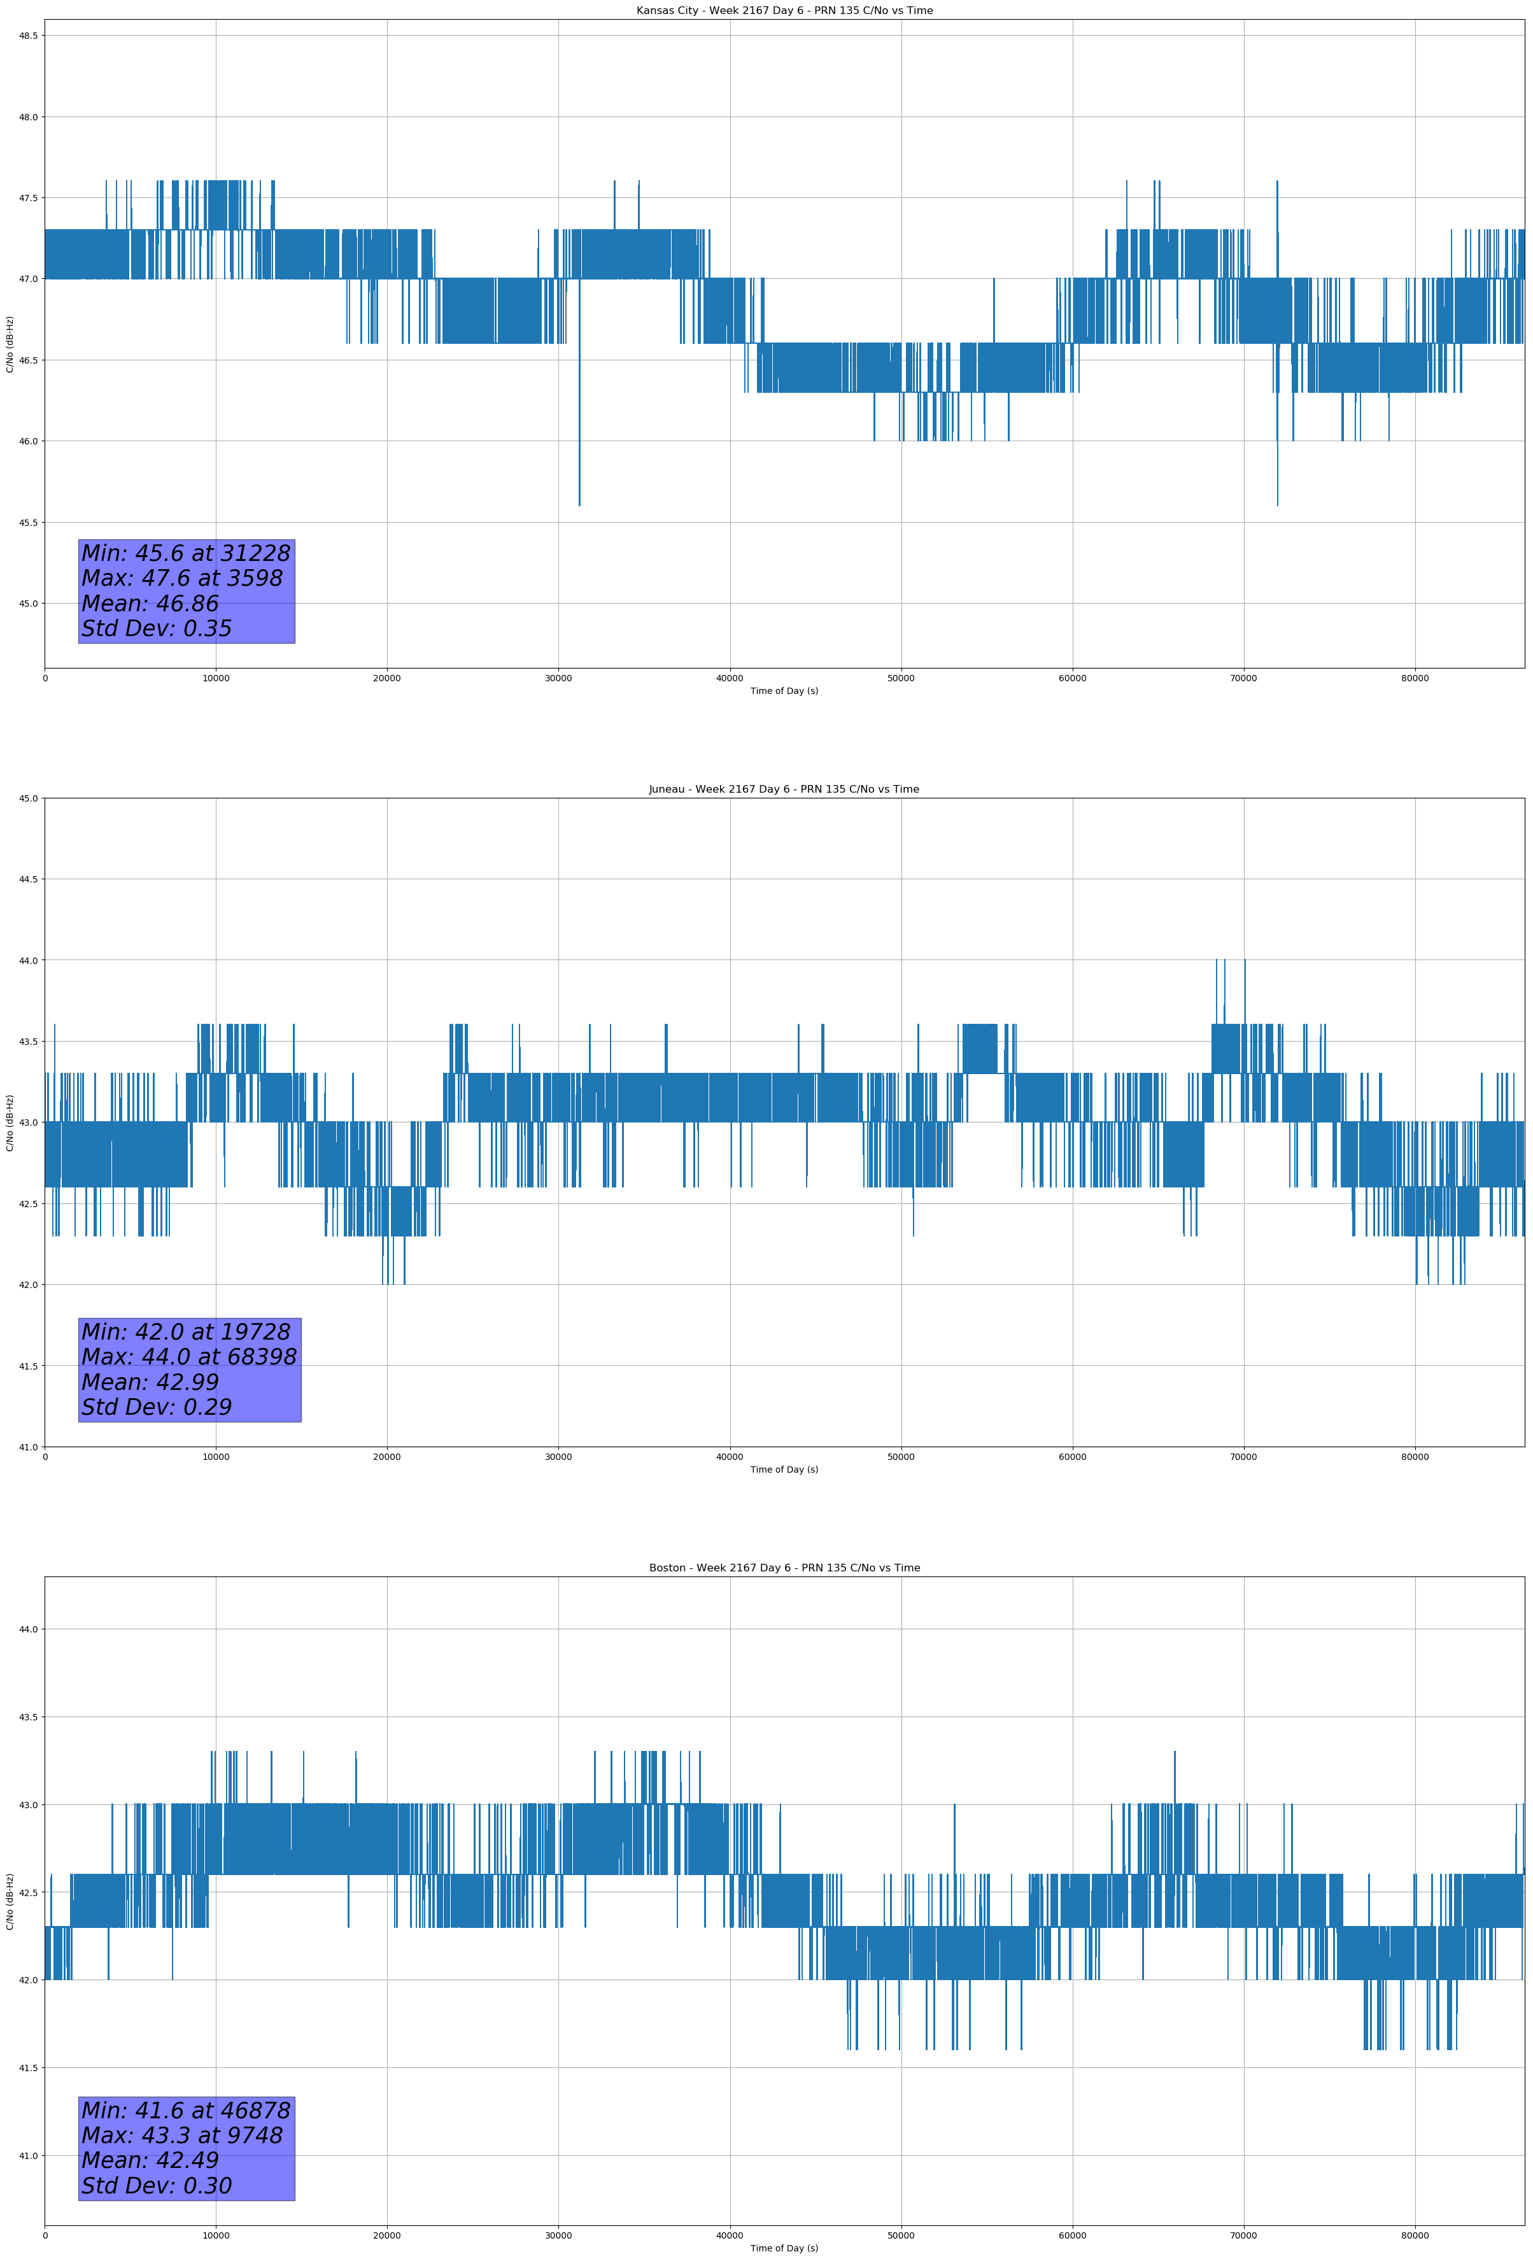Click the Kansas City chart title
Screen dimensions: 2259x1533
(x=784, y=11)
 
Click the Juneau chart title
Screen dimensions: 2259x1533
(x=784, y=790)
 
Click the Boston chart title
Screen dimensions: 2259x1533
(x=784, y=1568)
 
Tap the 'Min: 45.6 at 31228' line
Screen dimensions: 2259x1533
(x=186, y=553)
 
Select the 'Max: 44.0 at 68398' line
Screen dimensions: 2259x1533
(x=188, y=1357)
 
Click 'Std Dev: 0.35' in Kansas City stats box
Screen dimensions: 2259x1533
(x=157, y=629)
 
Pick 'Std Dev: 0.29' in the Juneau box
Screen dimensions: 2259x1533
(x=157, y=1408)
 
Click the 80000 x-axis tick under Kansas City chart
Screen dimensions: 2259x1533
(x=1415, y=679)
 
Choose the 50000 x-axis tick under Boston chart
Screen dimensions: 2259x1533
(x=900, y=2235)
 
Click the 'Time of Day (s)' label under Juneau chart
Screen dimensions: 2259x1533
(x=784, y=1469)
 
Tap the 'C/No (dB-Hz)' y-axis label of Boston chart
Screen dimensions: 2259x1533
(x=10, y=1901)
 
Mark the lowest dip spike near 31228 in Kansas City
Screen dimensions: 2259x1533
(x=579, y=504)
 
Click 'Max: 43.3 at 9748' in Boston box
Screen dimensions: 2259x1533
(x=182, y=2135)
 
